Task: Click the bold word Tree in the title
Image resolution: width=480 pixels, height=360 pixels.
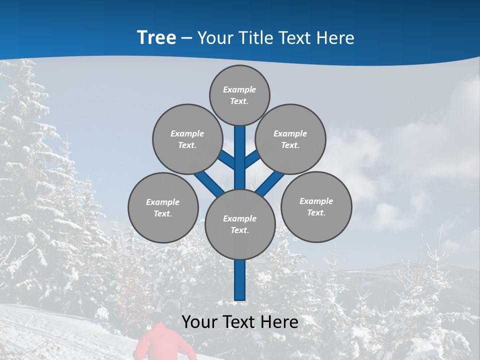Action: click(x=156, y=37)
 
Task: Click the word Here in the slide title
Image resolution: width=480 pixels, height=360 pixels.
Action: click(x=335, y=38)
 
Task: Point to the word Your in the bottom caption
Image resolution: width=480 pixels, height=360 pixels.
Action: click(x=199, y=321)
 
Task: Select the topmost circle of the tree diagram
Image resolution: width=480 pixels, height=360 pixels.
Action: click(x=239, y=95)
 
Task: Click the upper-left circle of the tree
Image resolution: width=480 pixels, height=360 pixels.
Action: click(x=187, y=139)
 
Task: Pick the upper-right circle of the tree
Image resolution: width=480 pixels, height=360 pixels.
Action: click(x=290, y=139)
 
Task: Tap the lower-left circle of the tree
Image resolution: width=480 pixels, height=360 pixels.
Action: click(x=163, y=207)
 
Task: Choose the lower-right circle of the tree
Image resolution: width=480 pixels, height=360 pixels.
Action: click(x=316, y=206)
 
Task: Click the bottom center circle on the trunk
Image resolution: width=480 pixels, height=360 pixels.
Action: click(x=240, y=224)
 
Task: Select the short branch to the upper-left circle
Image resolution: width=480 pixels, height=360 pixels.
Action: click(x=226, y=160)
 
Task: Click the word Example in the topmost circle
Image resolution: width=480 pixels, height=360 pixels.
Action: click(x=239, y=89)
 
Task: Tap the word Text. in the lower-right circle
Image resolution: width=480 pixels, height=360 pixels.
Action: click(x=316, y=212)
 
